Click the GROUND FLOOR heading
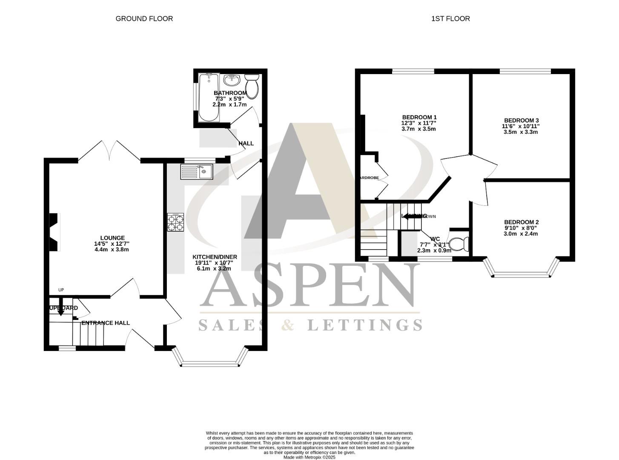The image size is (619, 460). (144, 18)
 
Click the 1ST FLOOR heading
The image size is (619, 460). (450, 18)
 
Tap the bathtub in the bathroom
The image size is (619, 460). (209, 97)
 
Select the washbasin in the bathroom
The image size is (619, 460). (232, 80)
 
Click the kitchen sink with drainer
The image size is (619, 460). (197, 171)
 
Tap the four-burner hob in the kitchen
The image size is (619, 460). (176, 222)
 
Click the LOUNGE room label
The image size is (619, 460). (112, 238)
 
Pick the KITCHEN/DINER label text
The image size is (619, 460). (215, 257)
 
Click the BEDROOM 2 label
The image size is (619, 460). (521, 222)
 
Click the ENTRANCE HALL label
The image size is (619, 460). (106, 323)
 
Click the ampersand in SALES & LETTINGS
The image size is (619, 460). (288, 325)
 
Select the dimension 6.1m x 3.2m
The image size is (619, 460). (214, 268)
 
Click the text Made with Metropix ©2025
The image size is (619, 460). (309, 457)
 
